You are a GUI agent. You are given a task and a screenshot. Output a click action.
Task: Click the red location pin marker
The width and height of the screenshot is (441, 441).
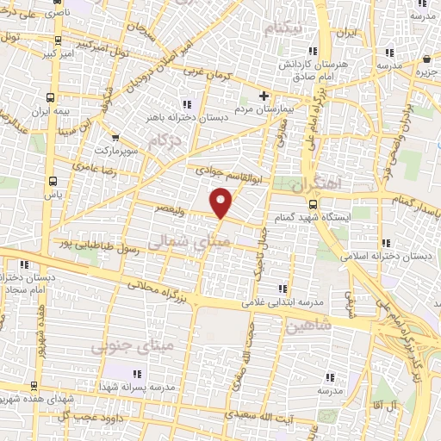click(x=223, y=202)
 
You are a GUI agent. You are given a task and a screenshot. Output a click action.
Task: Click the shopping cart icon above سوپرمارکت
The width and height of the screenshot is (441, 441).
click(x=114, y=135)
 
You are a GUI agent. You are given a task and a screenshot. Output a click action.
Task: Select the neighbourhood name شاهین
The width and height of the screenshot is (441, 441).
click(x=311, y=327)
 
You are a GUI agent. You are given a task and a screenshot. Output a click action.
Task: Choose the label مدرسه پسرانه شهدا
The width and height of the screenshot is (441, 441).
click(x=141, y=387)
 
